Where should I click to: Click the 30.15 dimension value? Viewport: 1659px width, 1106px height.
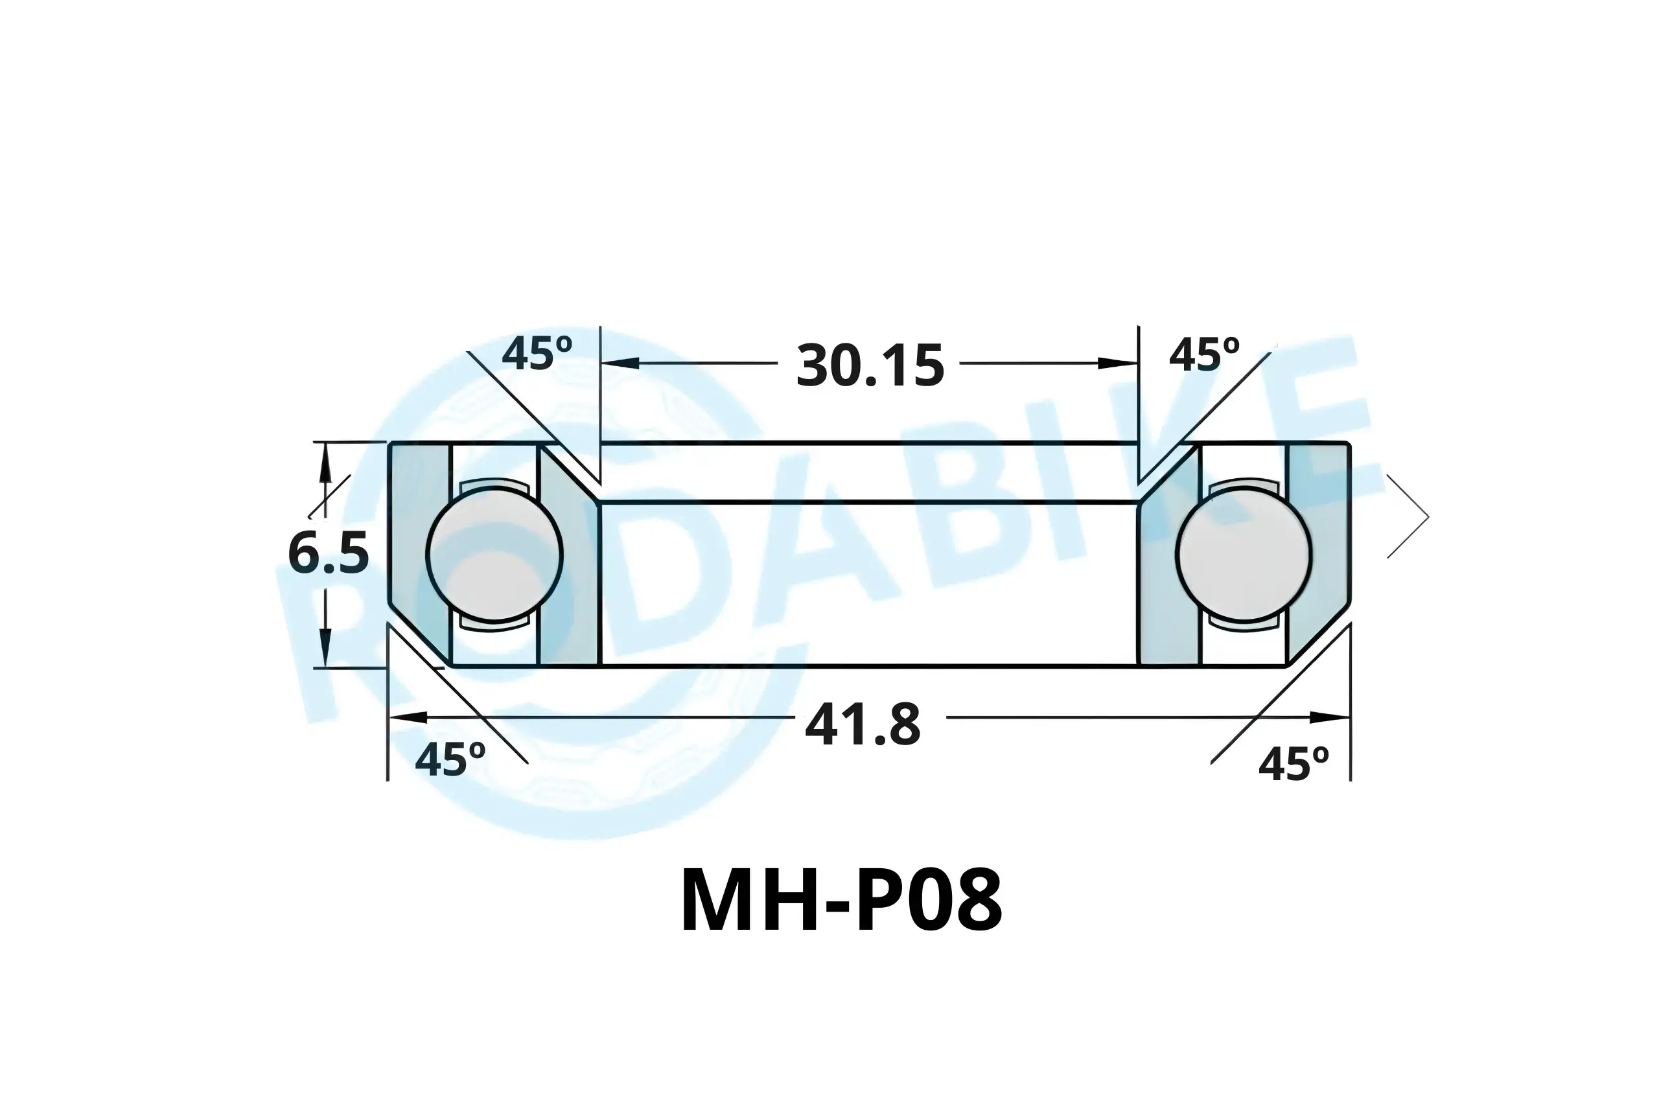pyautogui.click(x=870, y=366)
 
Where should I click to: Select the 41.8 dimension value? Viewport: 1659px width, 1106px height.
pyautogui.click(x=863, y=725)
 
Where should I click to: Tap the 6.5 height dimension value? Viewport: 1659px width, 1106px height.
pyautogui.click(x=328, y=553)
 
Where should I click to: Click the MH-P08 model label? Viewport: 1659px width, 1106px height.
pyautogui.click(x=841, y=901)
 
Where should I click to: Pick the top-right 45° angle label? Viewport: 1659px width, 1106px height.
pyautogui.click(x=1204, y=355)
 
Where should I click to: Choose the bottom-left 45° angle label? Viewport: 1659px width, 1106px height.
pyautogui.click(x=450, y=759)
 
